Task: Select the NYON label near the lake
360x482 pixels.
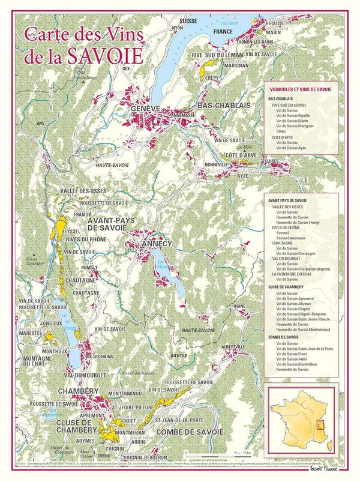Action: coord(178,28)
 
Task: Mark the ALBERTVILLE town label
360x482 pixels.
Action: coord(234,347)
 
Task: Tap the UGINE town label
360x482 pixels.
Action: coord(239,306)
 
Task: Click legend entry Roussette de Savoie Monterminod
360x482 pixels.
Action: coord(303,329)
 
